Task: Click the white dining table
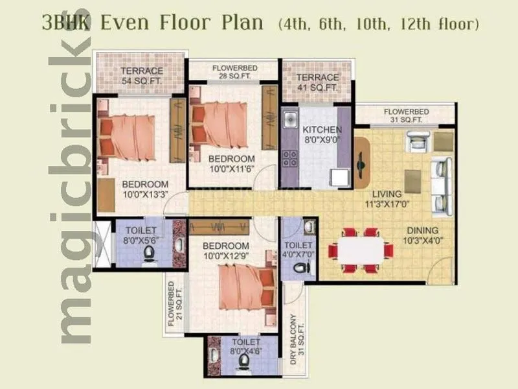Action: pos(357,249)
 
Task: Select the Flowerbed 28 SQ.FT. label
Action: pos(232,71)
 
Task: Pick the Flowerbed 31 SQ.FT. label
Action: pos(403,115)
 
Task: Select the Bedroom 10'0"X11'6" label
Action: pos(231,164)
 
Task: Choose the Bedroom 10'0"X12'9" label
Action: pos(225,252)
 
